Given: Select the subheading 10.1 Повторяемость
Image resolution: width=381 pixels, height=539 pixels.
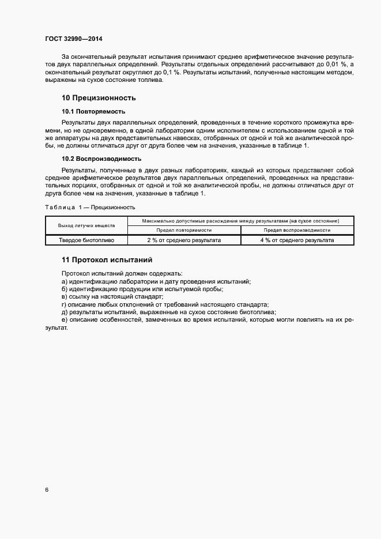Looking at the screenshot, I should (93, 111).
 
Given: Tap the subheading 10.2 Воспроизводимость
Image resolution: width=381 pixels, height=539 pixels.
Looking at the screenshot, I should (101, 159).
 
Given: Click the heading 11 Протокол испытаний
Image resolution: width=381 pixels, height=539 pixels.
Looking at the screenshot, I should (107, 260).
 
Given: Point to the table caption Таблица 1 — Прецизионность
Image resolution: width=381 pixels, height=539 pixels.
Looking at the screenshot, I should (90, 206).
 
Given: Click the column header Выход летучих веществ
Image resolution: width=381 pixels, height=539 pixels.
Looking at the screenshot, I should (86, 225).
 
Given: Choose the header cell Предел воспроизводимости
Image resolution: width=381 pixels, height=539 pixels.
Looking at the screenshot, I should (297, 229).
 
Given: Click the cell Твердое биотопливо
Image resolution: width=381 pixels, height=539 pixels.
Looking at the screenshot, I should (86, 240).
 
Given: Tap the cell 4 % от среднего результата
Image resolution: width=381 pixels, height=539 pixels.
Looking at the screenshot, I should (297, 240).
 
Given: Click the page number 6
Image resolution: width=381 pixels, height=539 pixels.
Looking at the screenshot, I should (46, 490).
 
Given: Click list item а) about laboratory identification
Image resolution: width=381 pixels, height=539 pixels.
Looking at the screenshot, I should (156, 281).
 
